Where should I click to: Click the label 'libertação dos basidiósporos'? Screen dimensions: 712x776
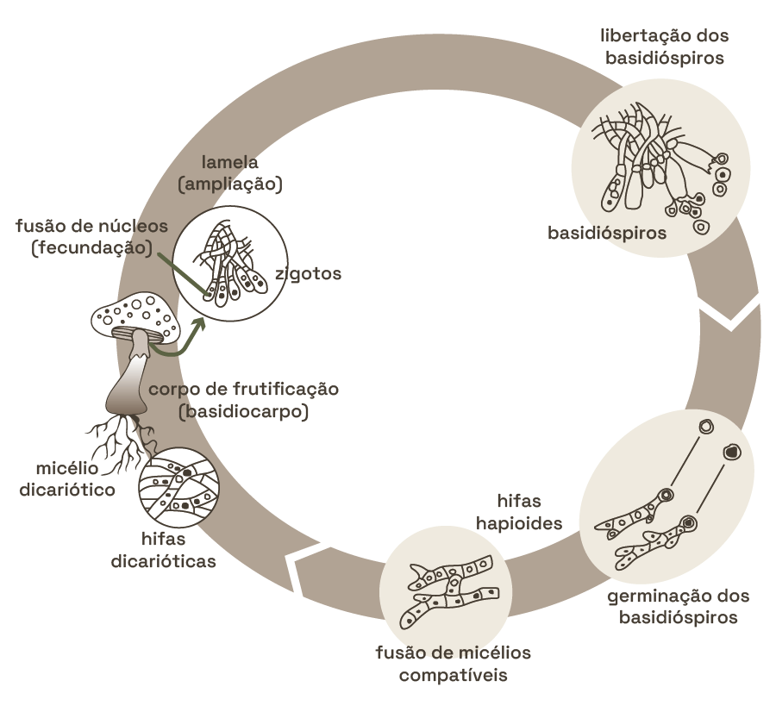point(663,47)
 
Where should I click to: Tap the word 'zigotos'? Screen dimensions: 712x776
point(309,274)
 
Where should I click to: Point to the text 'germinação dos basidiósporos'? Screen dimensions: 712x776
point(679,607)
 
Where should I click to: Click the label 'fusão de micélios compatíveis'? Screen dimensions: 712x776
point(453,663)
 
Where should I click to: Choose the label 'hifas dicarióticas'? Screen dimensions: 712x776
point(164,550)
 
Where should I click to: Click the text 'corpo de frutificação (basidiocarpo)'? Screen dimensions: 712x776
point(244,400)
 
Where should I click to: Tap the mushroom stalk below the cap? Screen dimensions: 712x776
point(129,379)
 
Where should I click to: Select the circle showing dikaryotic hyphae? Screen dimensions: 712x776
point(179,487)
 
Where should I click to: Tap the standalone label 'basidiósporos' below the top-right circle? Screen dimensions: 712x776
point(608,234)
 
